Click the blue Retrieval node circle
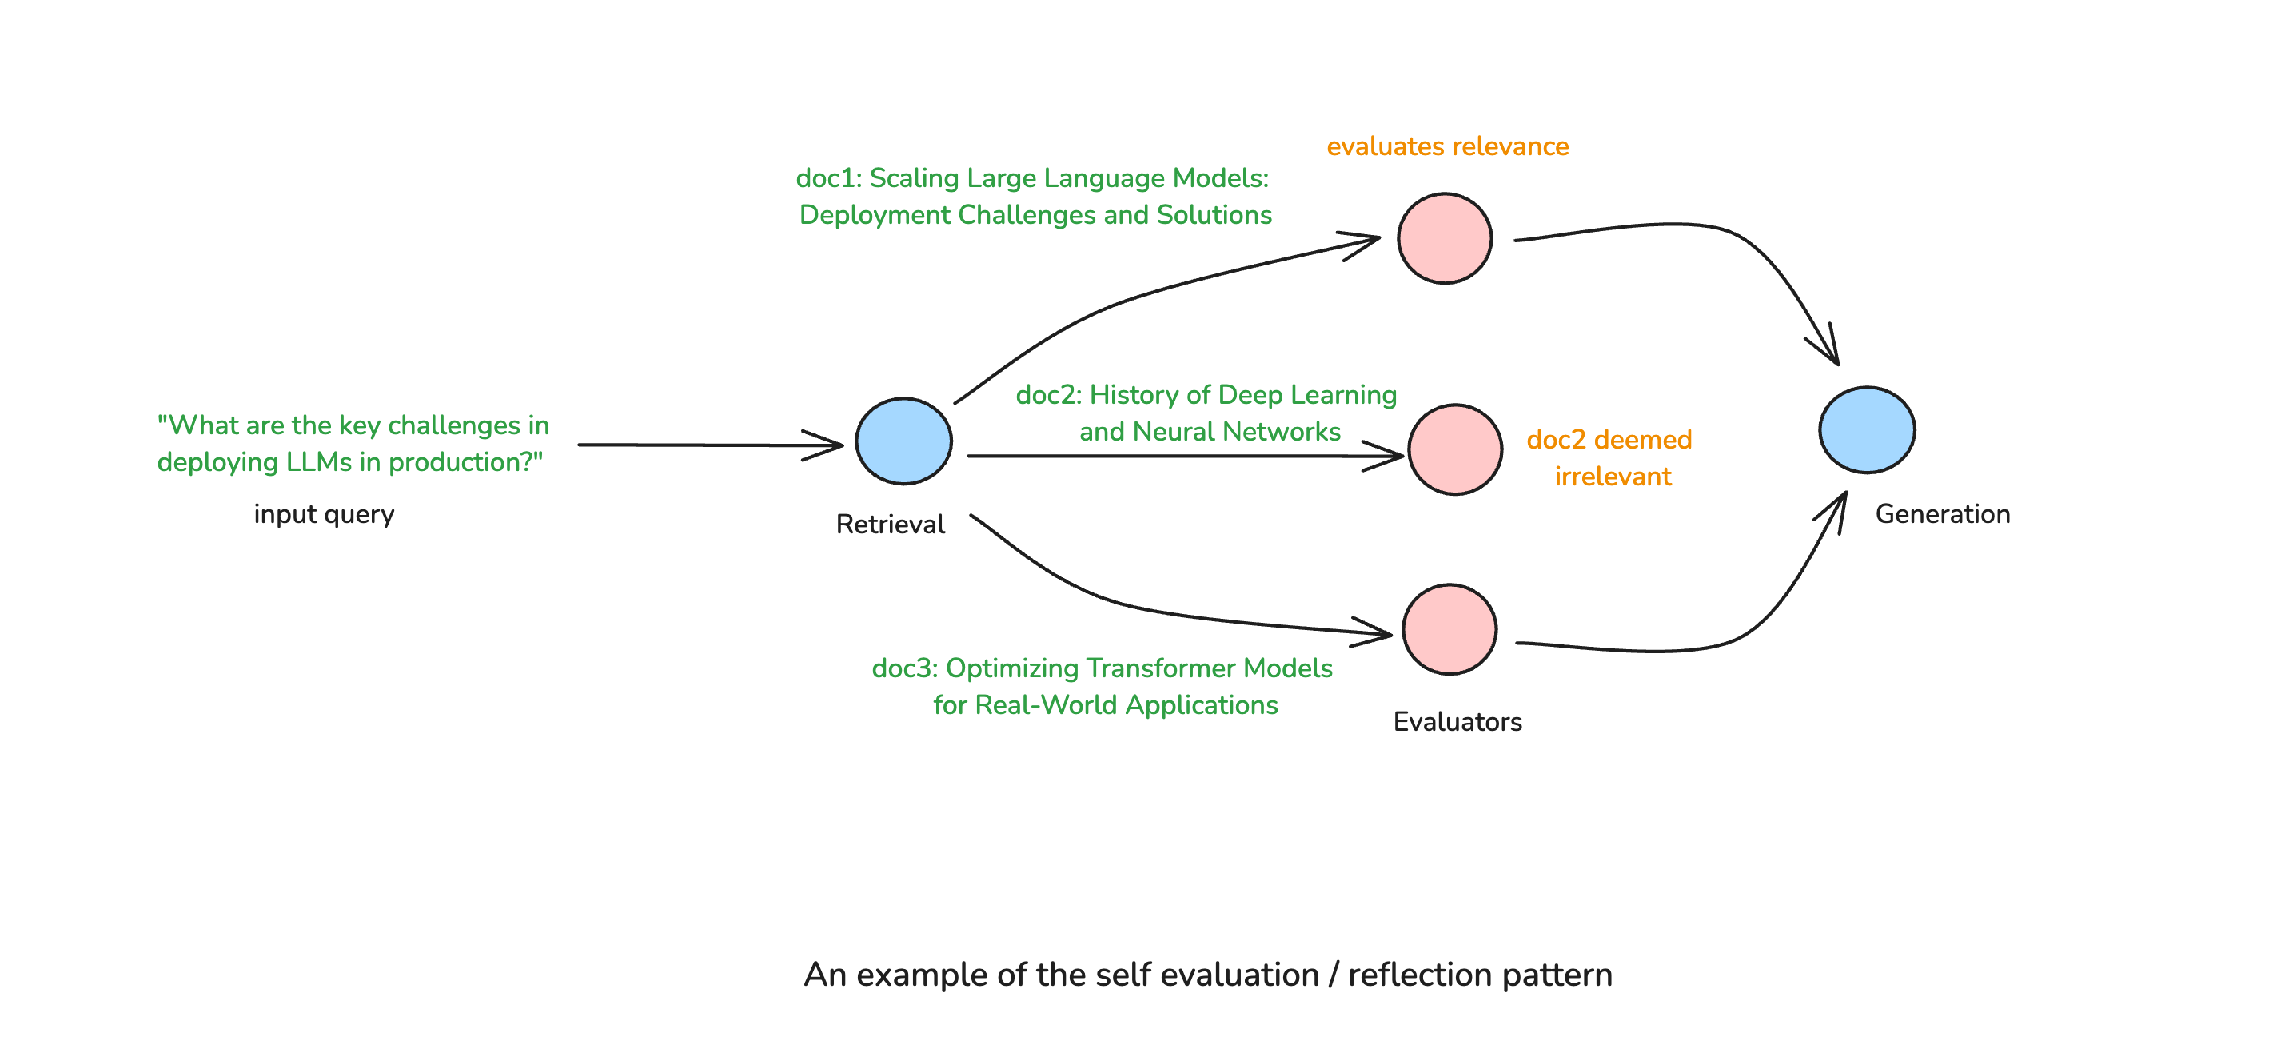(x=903, y=441)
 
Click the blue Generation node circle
(x=1867, y=430)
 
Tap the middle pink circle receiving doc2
(x=1454, y=450)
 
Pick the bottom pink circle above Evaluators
(x=1449, y=630)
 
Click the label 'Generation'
(x=1942, y=514)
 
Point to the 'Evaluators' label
(x=1457, y=722)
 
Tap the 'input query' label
(x=323, y=514)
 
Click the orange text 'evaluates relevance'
(x=1447, y=146)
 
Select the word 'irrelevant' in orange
(x=1612, y=477)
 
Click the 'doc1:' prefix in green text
(x=828, y=179)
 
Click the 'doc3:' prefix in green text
(x=903, y=668)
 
